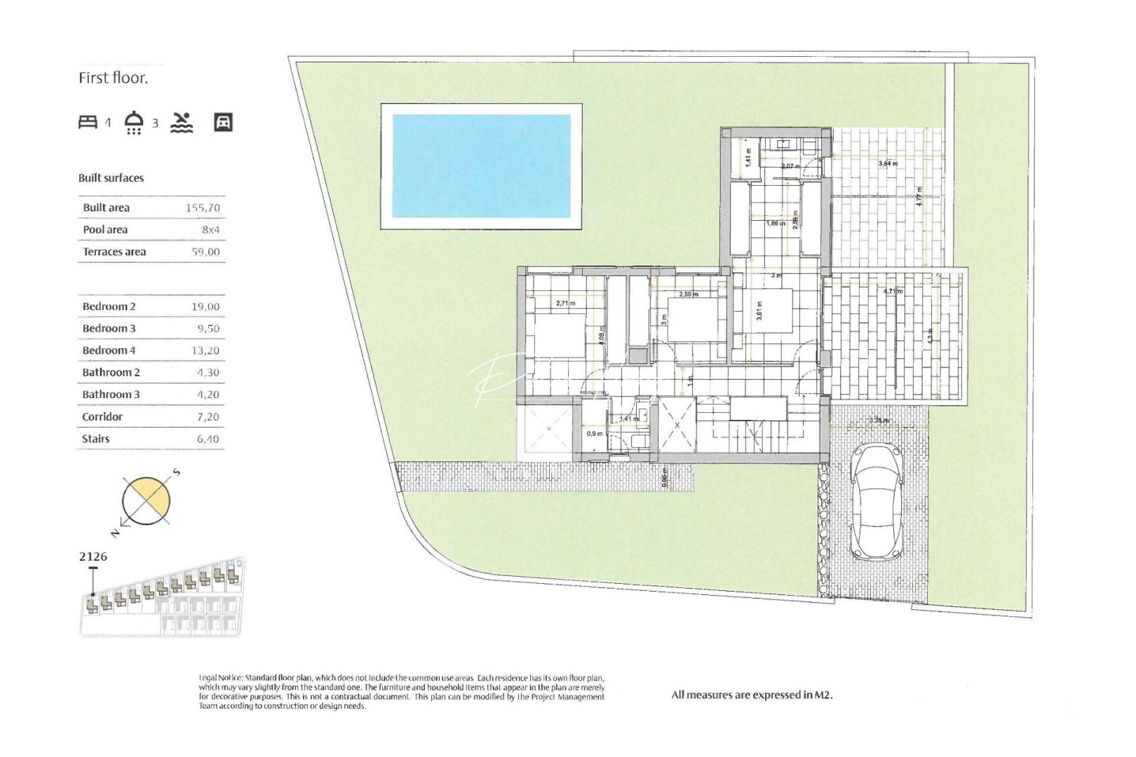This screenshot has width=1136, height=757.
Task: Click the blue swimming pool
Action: pyautogui.click(x=481, y=166)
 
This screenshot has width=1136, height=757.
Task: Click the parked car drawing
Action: pyautogui.click(x=877, y=502)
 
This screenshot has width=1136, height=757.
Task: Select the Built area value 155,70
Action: pyautogui.click(x=203, y=208)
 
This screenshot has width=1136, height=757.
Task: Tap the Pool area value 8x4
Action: pyautogui.click(x=210, y=230)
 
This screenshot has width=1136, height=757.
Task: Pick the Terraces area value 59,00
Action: pyautogui.click(x=205, y=252)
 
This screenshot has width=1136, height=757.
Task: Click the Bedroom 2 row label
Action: pyautogui.click(x=109, y=307)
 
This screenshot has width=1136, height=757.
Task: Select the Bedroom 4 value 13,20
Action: pyautogui.click(x=205, y=351)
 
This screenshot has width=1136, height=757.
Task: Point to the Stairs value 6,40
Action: pyautogui.click(x=208, y=439)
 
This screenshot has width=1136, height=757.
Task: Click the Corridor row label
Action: pyautogui.click(x=102, y=417)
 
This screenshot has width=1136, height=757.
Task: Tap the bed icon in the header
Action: pyautogui.click(x=88, y=123)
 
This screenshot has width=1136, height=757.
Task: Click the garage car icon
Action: pyautogui.click(x=223, y=123)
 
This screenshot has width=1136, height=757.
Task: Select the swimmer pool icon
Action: pyautogui.click(x=182, y=123)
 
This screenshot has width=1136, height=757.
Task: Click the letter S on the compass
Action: pyautogui.click(x=177, y=472)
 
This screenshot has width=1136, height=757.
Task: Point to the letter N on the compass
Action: pyautogui.click(x=116, y=533)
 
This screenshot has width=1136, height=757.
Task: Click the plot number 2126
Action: pyautogui.click(x=93, y=557)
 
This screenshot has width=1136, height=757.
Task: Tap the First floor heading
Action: pyautogui.click(x=113, y=79)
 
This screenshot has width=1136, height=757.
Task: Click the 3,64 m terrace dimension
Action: pyautogui.click(x=888, y=164)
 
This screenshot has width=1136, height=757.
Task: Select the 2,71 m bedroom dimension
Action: pyautogui.click(x=565, y=304)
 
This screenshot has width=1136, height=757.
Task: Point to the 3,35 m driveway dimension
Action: pyautogui.click(x=878, y=421)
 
